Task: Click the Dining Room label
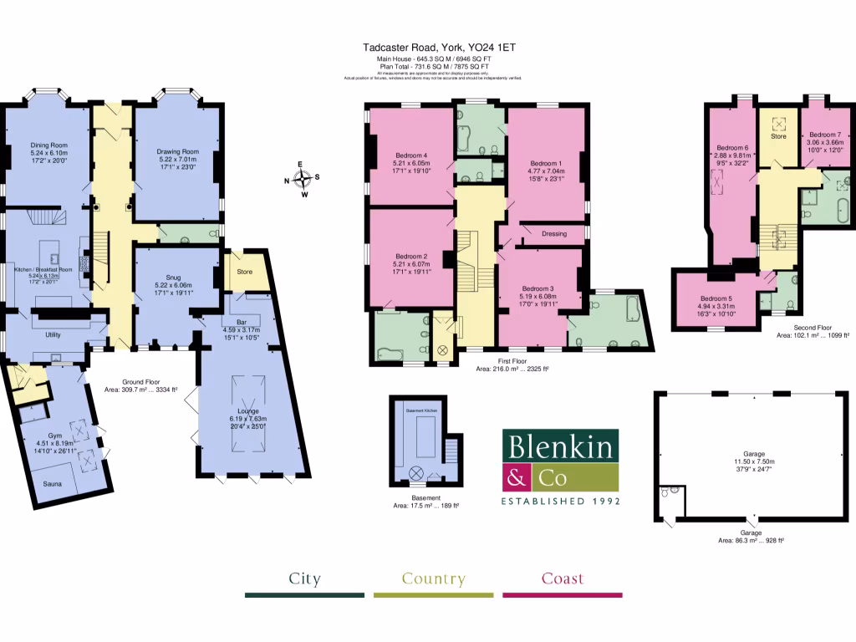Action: (48, 144)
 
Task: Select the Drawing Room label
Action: (176, 151)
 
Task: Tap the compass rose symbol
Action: (303, 177)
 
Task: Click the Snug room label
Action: (173, 277)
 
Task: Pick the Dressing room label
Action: (554, 233)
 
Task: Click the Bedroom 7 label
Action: (824, 135)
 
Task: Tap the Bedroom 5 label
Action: (716, 298)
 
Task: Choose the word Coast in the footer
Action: (563, 578)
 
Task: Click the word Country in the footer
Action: (433, 578)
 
